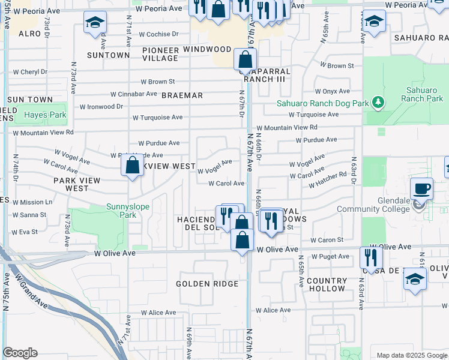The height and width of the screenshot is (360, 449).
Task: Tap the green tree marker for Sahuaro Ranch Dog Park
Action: (378, 103)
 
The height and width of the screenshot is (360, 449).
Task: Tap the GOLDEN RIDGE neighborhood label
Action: (207, 284)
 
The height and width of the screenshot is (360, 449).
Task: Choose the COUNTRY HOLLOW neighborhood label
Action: (327, 284)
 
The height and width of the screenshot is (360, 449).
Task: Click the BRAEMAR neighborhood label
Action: (182, 95)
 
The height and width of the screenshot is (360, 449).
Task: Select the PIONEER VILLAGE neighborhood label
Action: (161, 53)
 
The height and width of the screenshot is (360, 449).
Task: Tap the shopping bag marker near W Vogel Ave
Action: (132, 165)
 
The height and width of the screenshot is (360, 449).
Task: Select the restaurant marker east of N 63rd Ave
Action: (371, 257)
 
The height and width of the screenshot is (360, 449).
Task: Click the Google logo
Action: (20, 353)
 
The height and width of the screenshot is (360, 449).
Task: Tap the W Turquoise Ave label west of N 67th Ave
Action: (157, 118)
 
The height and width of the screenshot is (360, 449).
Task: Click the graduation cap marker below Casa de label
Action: (415, 279)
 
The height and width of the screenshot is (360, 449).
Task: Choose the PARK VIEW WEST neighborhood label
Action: (71, 184)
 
